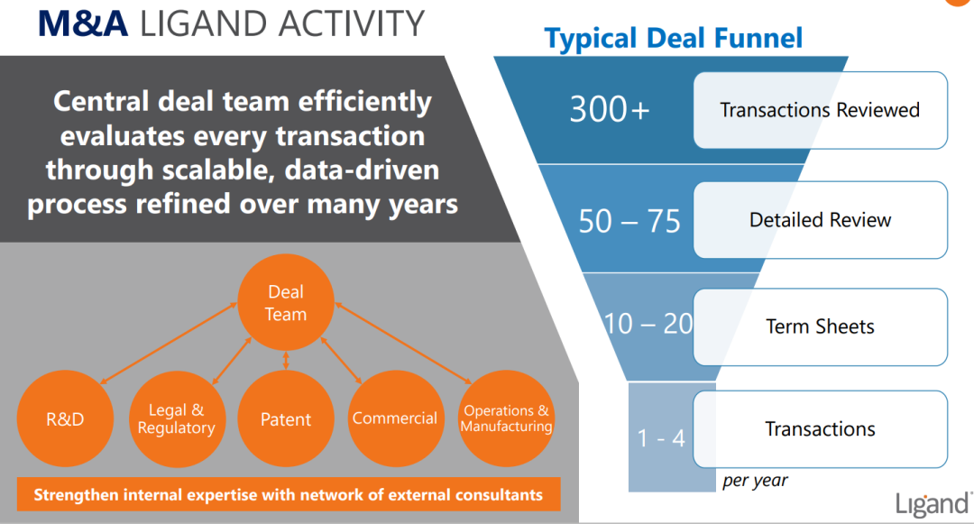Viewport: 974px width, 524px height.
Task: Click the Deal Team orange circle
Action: point(286,303)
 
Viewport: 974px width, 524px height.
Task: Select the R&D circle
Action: point(66,419)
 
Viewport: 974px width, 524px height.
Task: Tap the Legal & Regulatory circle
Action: point(176,419)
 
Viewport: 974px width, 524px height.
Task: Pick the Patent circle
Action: point(286,419)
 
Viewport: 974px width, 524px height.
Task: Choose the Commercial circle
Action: point(395,418)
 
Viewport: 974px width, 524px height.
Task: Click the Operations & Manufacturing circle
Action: point(506,418)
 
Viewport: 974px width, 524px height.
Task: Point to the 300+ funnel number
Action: point(610,109)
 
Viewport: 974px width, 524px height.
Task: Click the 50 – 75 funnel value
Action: point(629,221)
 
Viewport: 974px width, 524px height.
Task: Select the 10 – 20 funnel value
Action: point(648,324)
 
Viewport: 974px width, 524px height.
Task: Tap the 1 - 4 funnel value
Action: point(661,438)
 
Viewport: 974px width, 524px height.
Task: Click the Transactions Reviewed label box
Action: point(820,110)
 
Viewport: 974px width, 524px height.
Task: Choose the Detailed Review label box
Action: point(820,220)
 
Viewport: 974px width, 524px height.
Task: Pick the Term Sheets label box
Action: point(820,326)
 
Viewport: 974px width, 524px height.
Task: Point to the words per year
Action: point(755,481)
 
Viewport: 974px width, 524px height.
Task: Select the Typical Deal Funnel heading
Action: point(674,38)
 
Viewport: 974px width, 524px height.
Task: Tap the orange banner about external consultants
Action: point(289,494)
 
